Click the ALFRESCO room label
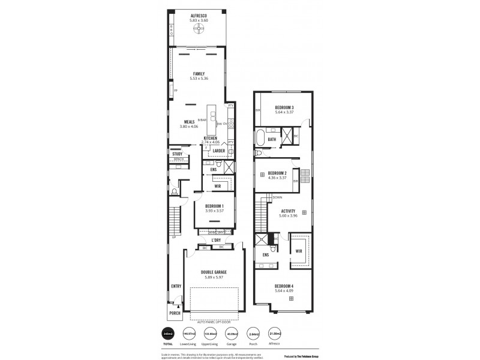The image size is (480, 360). tap(199, 15)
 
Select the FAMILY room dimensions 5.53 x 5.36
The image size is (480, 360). tap(199, 79)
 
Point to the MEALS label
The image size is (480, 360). tap(189, 122)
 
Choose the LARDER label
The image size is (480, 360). tap(218, 151)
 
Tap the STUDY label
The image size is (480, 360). tap(177, 154)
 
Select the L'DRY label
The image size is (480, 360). tap(216, 240)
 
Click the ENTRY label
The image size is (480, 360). tap(176, 286)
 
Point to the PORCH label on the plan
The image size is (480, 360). tap(175, 313)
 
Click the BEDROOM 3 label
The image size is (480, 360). tap(284, 107)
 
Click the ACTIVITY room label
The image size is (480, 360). tap(288, 211)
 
